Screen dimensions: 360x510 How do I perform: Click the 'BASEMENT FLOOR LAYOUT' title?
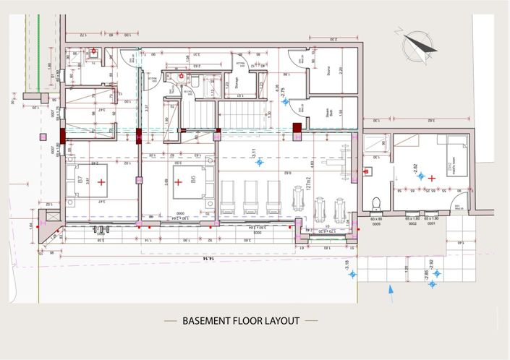240,321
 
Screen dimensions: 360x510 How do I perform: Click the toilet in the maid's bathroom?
375,200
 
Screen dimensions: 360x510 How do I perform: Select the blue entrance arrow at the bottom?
391,293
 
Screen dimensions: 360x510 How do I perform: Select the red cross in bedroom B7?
101,181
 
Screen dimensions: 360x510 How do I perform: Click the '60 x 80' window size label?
375,218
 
